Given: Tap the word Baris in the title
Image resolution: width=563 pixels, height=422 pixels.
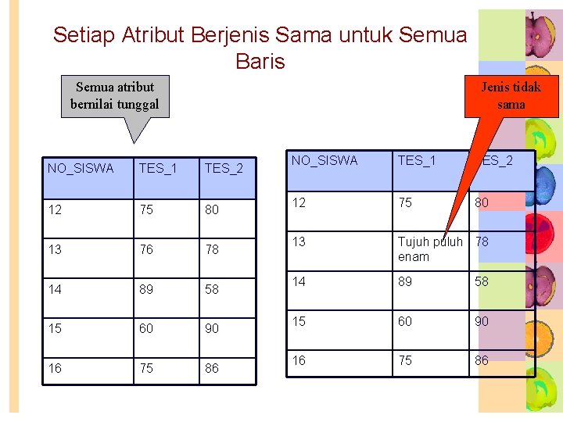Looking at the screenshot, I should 260,61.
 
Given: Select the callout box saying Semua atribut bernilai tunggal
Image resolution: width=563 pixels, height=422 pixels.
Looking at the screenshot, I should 115,95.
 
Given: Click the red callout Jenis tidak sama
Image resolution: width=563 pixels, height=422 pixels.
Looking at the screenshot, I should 511,96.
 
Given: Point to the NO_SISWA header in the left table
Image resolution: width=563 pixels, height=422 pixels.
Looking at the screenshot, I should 80,168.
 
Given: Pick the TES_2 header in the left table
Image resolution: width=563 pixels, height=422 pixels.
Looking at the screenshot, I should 224,168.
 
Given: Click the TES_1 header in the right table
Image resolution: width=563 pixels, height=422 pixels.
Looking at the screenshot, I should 417,161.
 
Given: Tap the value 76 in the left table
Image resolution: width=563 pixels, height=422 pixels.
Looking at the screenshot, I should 147,249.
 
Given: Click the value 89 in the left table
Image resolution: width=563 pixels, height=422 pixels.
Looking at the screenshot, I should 147,289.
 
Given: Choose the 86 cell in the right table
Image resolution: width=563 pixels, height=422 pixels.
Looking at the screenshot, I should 482,360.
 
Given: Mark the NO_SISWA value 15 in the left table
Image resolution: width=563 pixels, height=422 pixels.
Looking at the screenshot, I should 55,328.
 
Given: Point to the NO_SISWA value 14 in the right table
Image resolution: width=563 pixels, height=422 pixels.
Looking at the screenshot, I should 299,281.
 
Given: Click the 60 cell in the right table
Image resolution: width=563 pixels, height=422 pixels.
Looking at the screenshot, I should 405,321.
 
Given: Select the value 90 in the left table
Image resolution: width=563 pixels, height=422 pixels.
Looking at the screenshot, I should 212,328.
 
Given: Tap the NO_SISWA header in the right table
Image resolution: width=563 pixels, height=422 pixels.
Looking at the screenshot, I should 324,161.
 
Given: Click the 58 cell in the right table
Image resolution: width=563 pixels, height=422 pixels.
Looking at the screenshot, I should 482,281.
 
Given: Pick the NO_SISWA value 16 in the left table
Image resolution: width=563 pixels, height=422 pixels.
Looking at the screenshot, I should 55,368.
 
